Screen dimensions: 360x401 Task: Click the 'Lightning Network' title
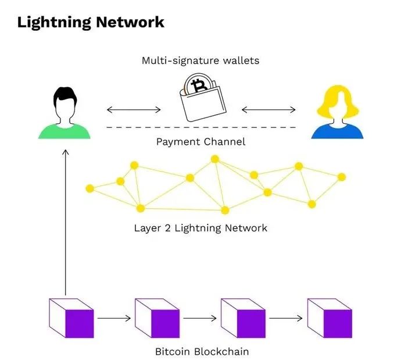[91, 22]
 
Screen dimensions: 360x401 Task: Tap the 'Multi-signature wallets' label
[201, 60]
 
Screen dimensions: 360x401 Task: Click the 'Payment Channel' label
[201, 142]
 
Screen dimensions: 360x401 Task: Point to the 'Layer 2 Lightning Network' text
[201, 228]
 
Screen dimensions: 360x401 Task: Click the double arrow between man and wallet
[134, 109]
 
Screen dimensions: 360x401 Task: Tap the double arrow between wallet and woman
[268, 109]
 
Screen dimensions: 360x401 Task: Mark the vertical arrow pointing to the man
[65, 221]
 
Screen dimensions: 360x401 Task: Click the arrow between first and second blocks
[113, 319]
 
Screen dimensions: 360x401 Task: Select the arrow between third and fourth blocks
[286, 319]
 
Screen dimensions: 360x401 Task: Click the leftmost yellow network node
[89, 188]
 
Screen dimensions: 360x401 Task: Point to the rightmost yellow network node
[342, 177]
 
